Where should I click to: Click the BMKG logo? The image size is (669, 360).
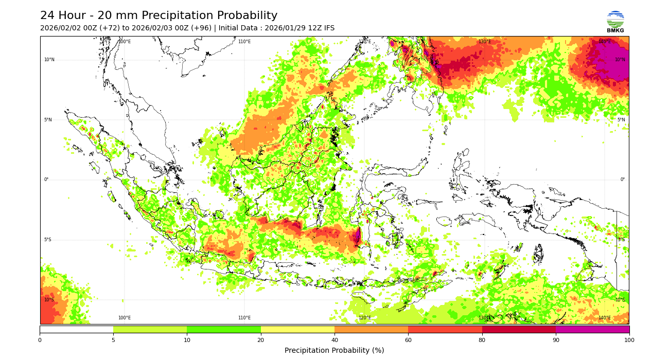pos(615,22)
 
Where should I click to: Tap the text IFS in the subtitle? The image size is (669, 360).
pos(328,28)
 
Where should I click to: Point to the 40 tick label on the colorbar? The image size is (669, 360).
pos(334,340)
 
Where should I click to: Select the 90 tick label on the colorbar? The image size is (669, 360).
pos(556,340)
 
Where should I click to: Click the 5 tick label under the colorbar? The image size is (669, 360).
pos(113,340)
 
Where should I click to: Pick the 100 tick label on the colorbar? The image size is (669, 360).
pos(629,340)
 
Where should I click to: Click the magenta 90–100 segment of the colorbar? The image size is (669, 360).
pos(592,329)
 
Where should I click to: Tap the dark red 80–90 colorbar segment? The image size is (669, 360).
pos(519,329)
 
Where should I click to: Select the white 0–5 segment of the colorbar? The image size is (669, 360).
pos(77,329)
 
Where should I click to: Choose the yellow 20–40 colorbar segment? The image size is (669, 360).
pos(297,329)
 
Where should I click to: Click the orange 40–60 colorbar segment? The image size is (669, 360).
pos(371,329)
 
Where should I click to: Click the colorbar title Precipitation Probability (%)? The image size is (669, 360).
pos(334,350)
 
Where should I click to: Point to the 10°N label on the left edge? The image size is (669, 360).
pos(49,60)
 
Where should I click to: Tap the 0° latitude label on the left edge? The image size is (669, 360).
pos(46,179)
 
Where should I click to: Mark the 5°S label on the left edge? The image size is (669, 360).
pos(48,240)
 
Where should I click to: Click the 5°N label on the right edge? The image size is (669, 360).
pos(621,120)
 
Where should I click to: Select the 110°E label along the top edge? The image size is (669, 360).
pos(244,42)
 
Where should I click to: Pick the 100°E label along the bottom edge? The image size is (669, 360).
pos(125,318)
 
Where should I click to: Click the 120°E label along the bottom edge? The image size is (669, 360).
pos(364,318)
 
